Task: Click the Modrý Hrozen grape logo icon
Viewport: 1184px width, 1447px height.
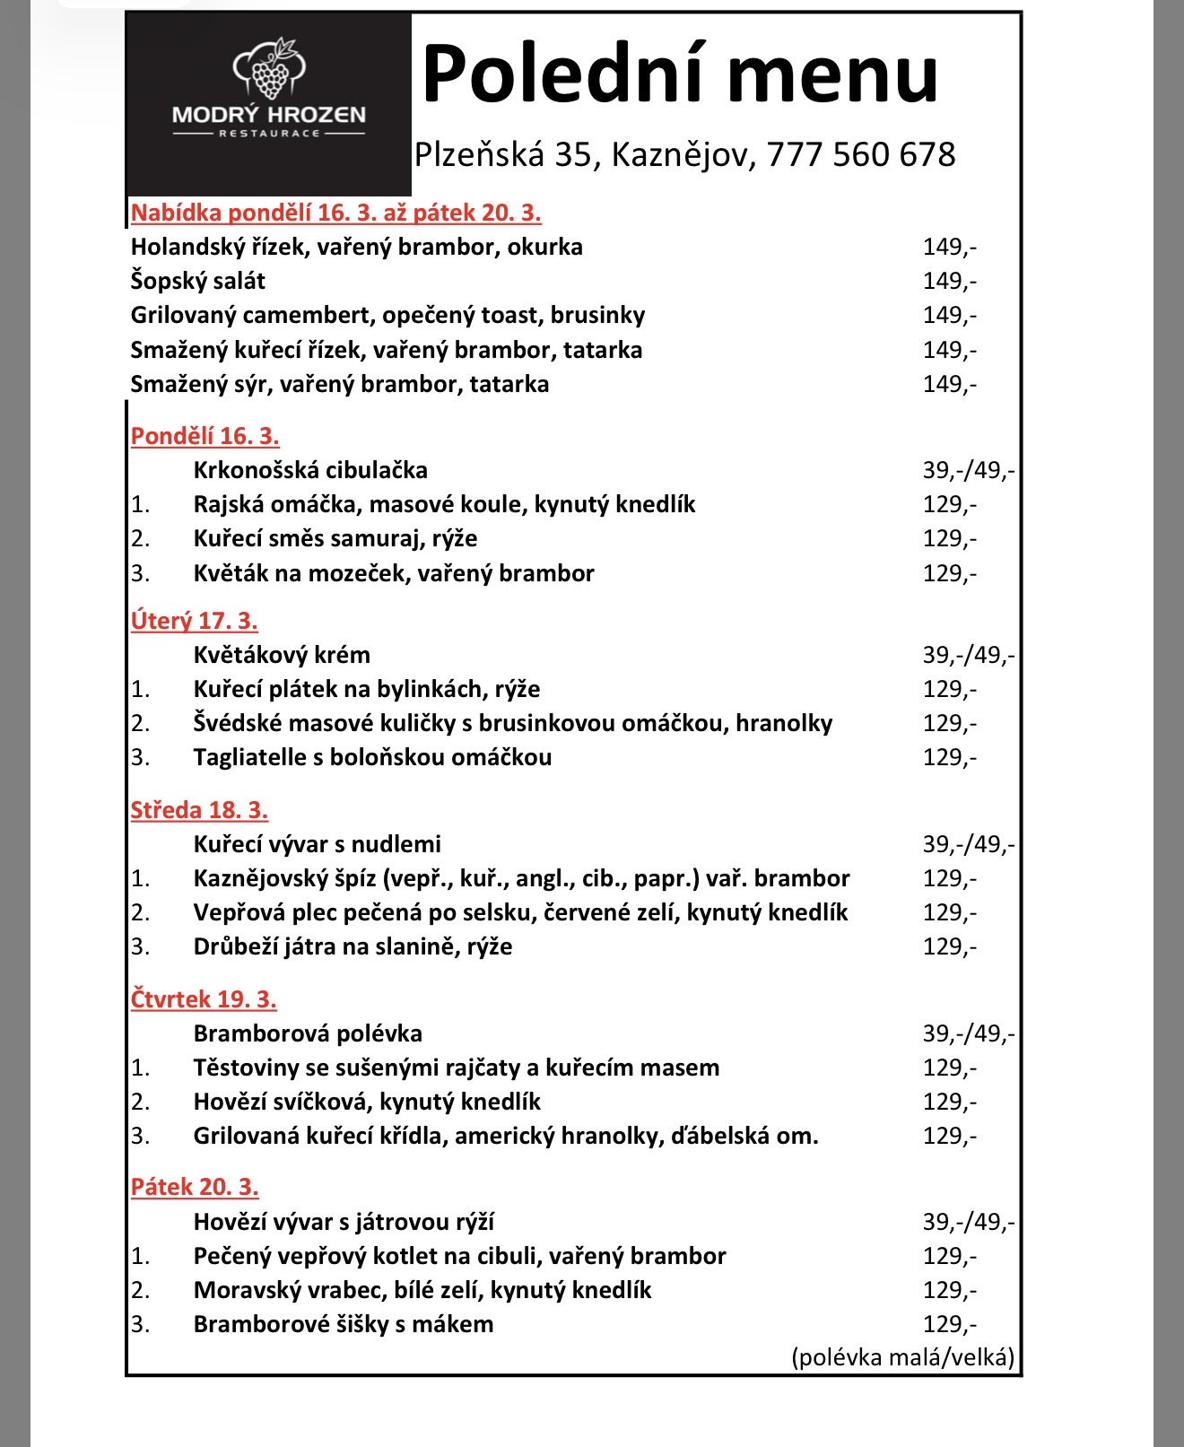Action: coord(269,70)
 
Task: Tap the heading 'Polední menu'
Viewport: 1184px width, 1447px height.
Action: coord(680,74)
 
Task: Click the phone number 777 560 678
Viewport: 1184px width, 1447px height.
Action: coord(861,154)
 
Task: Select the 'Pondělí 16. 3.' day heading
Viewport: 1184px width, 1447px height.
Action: coord(205,436)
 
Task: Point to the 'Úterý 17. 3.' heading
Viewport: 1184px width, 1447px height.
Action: coord(194,621)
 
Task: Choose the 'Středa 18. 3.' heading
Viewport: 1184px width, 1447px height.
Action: coord(199,810)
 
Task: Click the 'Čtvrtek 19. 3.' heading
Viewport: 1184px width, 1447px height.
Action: coord(204,999)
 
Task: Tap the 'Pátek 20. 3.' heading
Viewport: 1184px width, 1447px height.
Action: coord(195,1187)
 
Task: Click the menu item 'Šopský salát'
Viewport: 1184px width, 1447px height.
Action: coord(197,281)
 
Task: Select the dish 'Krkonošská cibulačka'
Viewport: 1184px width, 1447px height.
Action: coord(310,470)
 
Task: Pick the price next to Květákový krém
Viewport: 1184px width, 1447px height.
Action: coord(968,655)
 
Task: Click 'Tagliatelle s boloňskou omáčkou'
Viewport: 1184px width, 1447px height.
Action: coord(372,757)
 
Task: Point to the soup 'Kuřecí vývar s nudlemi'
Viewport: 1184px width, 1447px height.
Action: coord(318,844)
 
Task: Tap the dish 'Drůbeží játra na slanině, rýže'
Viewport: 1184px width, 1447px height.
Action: coord(353,946)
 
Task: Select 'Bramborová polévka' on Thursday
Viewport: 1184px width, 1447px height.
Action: coord(308,1033)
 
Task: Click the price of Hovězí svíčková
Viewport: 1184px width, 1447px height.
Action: coord(949,1102)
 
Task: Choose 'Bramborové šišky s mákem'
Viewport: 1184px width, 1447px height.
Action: coord(344,1324)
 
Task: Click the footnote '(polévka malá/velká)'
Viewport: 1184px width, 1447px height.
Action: coord(902,1356)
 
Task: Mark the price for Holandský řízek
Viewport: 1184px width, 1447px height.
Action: coord(949,247)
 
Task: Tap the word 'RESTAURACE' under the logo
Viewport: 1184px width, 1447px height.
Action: coord(269,134)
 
